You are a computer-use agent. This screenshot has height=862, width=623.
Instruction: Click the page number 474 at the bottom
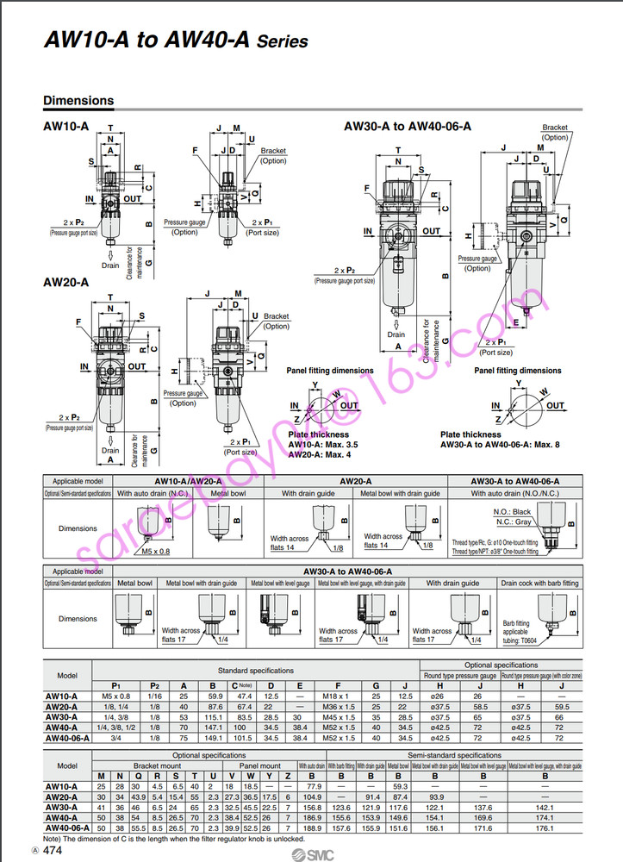click(52, 850)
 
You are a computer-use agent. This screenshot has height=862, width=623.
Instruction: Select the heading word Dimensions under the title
click(78, 101)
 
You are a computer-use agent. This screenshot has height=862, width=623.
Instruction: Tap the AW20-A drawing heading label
click(65, 282)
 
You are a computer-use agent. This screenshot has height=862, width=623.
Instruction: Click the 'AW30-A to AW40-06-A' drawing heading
click(408, 127)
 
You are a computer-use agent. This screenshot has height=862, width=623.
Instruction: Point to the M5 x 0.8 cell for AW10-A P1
click(115, 696)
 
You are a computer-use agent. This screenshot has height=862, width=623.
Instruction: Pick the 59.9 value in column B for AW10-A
click(215, 696)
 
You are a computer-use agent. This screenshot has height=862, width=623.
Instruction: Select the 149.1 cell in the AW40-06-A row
click(215, 739)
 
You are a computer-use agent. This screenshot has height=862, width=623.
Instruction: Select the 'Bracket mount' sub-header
click(156, 765)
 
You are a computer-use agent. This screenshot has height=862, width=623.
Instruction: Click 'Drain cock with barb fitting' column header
click(539, 584)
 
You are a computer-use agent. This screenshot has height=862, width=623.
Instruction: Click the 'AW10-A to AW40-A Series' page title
click(175, 41)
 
